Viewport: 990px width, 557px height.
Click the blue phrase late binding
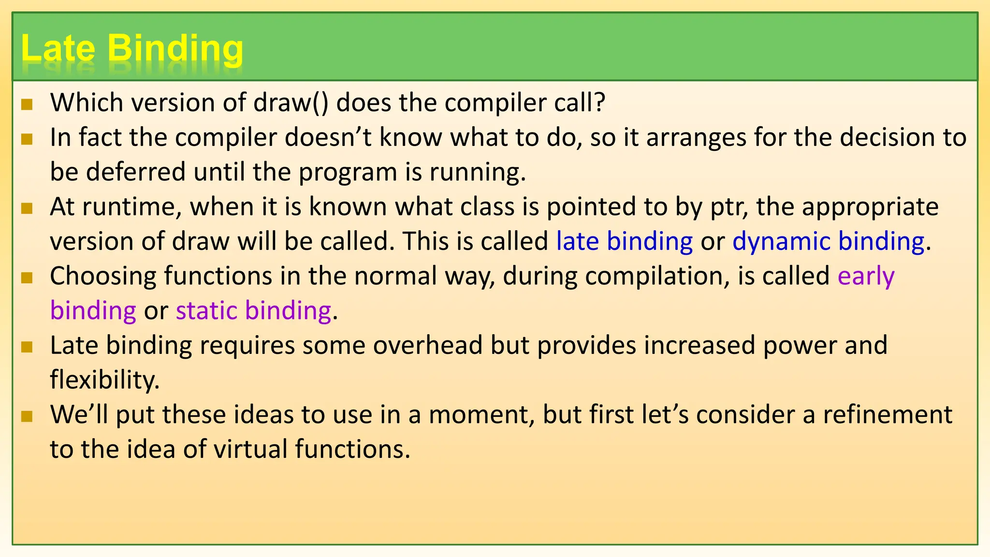[624, 241]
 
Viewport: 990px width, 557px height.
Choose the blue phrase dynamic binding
[828, 241]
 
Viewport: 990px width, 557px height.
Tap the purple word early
[866, 277]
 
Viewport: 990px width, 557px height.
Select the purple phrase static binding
[253, 311]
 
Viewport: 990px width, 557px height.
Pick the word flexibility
[104, 380]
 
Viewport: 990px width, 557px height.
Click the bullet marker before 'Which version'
[27, 104]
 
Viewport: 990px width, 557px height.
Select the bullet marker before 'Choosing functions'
[27, 278]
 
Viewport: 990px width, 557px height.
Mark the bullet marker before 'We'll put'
[27, 416]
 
